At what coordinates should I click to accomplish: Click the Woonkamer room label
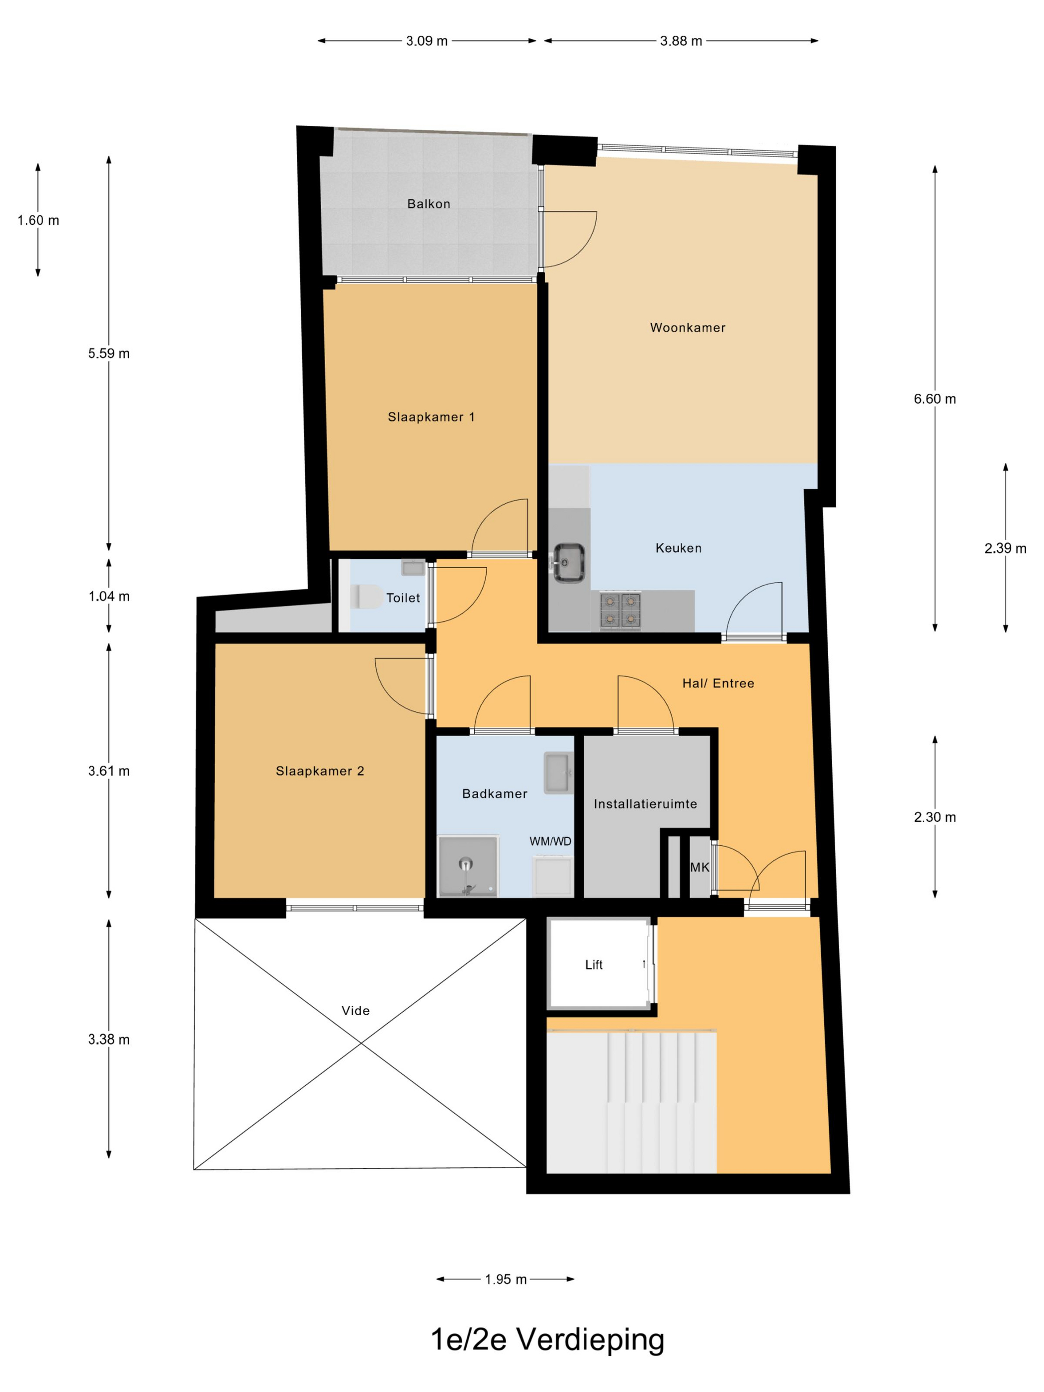(687, 327)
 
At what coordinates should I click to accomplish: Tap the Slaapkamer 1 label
(431, 417)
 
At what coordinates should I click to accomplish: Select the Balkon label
(429, 204)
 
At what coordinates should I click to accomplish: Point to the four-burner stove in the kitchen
(620, 610)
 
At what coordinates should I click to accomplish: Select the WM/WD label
(550, 841)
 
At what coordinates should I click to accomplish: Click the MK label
(699, 867)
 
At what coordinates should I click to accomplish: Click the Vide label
(355, 1011)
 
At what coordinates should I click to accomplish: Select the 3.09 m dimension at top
(427, 41)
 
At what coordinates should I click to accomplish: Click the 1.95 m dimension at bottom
(505, 1279)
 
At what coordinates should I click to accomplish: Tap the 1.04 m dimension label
(109, 596)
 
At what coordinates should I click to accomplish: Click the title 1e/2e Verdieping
(547, 1340)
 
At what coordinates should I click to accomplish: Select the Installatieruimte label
(645, 803)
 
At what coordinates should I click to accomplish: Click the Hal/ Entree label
(718, 683)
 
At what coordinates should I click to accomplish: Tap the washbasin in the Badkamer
(558, 772)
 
